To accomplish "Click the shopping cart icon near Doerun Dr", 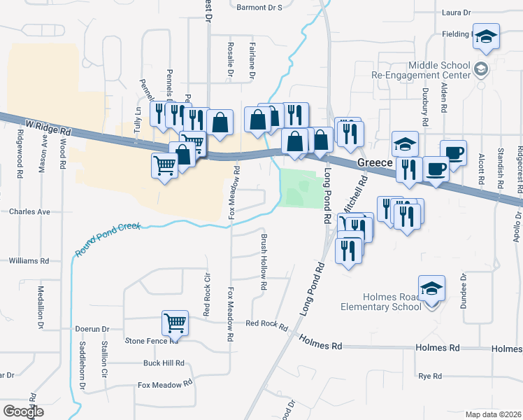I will [x=175, y=323].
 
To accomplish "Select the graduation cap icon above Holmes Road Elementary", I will [x=431, y=288].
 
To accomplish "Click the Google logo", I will [x=23, y=412].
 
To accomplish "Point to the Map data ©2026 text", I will [x=493, y=414].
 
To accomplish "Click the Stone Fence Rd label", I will [x=151, y=341].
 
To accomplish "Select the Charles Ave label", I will [x=30, y=211].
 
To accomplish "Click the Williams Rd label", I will [x=29, y=260].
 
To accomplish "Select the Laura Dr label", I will [x=457, y=13].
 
